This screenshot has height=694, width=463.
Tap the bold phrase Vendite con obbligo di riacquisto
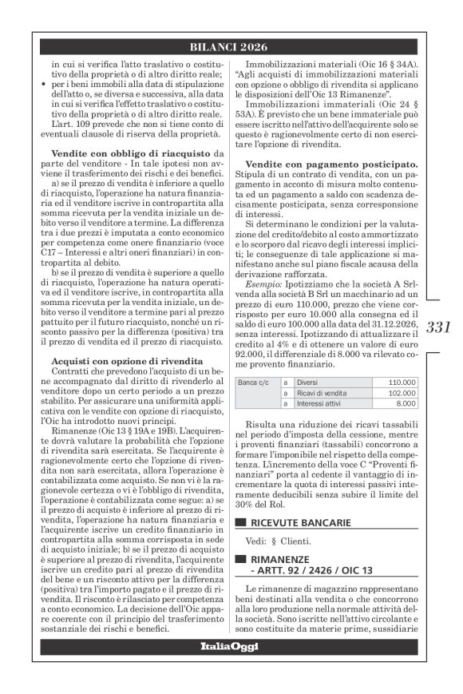click(122, 153)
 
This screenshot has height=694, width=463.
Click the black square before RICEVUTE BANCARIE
click(240, 501)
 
